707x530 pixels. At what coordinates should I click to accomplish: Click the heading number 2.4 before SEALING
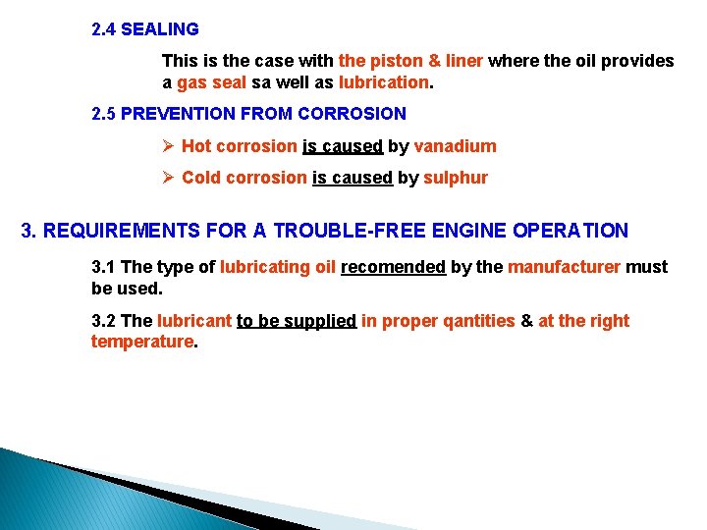pyautogui.click(x=103, y=29)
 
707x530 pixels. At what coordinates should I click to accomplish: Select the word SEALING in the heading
pyautogui.click(x=160, y=29)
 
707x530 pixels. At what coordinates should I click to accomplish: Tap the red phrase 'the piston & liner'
pyautogui.click(x=410, y=61)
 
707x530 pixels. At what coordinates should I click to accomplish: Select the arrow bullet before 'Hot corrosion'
pyautogui.click(x=168, y=146)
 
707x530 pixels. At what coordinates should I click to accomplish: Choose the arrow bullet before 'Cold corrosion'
pyautogui.click(x=168, y=178)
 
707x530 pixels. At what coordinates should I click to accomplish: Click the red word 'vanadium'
pyautogui.click(x=455, y=146)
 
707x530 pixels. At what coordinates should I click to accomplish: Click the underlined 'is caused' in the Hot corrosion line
pyautogui.click(x=342, y=146)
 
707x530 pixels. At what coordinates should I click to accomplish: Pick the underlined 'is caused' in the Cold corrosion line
pyautogui.click(x=352, y=178)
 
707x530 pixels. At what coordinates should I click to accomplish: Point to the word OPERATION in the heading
pyautogui.click(x=570, y=232)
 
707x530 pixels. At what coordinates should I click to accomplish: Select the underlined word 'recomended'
pyautogui.click(x=393, y=267)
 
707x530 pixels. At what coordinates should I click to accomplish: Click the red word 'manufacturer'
pyautogui.click(x=564, y=267)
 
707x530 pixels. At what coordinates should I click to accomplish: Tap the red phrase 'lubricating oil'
pyautogui.click(x=278, y=267)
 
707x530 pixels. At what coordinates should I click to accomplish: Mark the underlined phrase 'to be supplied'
pyautogui.click(x=296, y=321)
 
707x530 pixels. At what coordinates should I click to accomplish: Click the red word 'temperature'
pyautogui.click(x=142, y=342)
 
